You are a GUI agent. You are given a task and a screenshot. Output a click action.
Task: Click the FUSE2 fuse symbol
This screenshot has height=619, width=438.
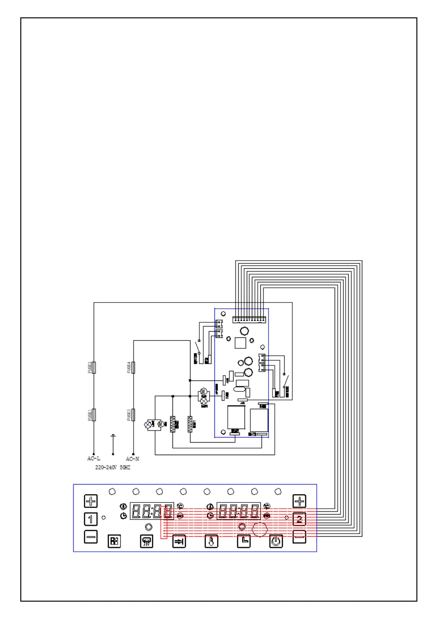click(94, 367)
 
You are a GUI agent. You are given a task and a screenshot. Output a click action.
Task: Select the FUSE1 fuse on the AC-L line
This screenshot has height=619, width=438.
click(94, 415)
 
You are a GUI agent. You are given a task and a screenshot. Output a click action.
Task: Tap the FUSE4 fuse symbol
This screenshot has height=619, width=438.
click(133, 367)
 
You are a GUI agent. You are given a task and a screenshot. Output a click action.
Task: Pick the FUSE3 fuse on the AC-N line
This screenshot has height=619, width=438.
click(133, 415)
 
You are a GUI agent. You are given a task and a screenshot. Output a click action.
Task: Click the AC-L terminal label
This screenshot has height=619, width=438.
click(93, 458)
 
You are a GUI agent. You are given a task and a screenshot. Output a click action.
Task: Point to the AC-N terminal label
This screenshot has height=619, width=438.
click(132, 459)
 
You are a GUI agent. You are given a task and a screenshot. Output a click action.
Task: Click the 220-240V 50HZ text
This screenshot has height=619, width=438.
click(113, 468)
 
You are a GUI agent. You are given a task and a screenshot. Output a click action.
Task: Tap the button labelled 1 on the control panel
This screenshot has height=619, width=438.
click(91, 519)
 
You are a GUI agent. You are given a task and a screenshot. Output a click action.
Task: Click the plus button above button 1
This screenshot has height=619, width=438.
click(91, 501)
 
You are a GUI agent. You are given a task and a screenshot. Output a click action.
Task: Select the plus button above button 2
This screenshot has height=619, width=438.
click(299, 501)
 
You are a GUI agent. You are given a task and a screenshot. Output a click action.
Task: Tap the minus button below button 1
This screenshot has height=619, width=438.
click(91, 537)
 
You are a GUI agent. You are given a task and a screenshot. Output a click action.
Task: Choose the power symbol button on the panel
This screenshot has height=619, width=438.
click(276, 541)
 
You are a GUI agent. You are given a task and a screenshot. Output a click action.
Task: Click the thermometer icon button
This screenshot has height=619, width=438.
click(211, 541)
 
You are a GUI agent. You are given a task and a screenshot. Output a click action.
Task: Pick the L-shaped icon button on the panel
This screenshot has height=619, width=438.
click(244, 541)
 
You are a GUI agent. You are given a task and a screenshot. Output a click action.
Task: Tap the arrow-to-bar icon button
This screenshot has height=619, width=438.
click(179, 541)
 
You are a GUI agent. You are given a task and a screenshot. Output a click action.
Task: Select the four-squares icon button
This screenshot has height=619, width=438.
click(114, 541)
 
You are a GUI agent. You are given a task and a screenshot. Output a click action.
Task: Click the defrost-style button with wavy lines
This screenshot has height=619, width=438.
click(147, 541)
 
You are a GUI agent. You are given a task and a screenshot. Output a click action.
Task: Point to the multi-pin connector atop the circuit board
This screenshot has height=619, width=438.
click(249, 319)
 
